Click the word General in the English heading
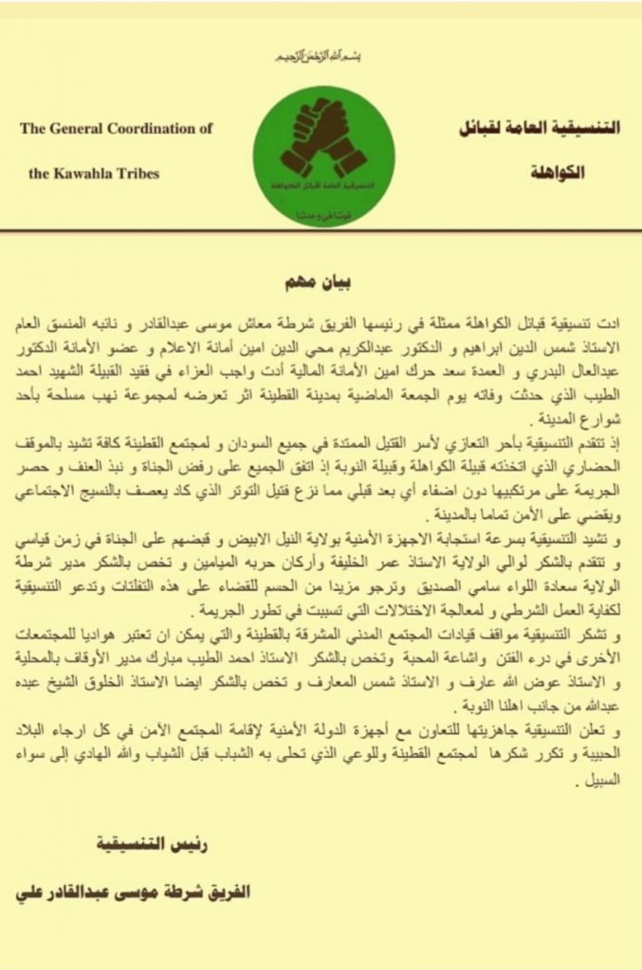click(x=79, y=128)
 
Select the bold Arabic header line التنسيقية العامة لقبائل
click(x=536, y=128)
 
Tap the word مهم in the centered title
click(x=301, y=284)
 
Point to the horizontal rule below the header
click(x=321, y=229)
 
